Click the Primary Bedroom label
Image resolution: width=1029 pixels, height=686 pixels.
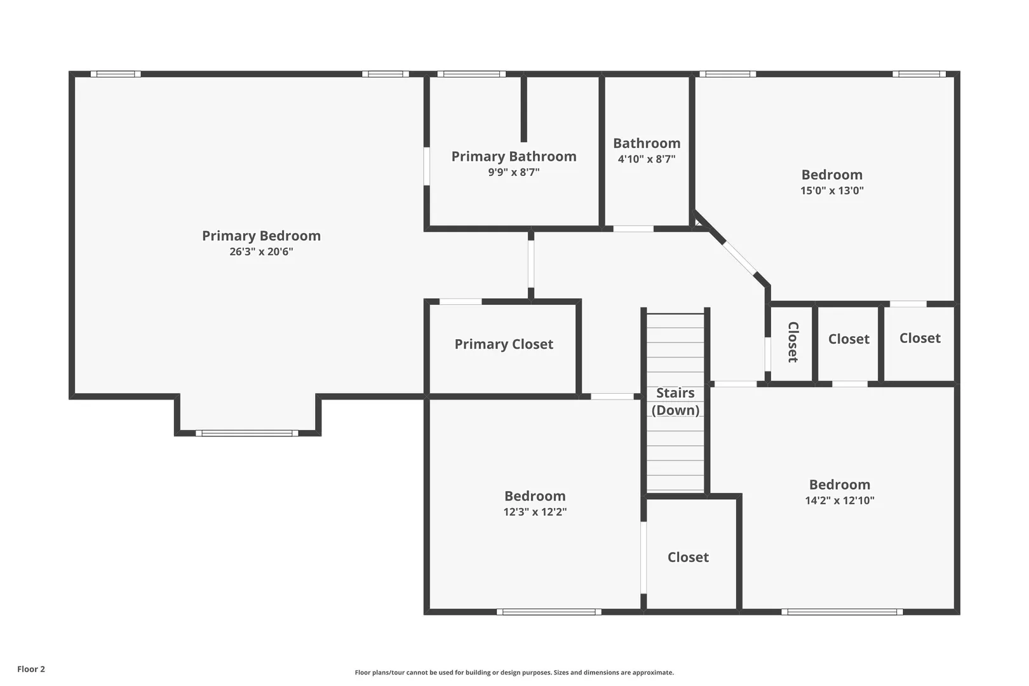[262, 236]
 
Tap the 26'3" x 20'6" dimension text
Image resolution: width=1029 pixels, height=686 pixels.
[262, 252]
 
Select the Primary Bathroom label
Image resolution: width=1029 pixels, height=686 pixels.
[514, 157]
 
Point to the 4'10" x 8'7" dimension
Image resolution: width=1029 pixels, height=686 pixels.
[647, 159]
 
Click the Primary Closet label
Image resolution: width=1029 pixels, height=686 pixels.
[504, 344]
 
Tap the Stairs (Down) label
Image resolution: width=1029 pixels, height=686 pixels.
[675, 401]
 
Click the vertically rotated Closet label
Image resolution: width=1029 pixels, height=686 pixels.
[793, 342]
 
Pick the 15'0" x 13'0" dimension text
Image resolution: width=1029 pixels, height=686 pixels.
[832, 190]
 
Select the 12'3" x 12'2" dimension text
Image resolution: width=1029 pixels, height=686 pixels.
[535, 511]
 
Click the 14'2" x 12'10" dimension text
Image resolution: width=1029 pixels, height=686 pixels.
[839, 500]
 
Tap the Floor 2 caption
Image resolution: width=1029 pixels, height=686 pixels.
[31, 669]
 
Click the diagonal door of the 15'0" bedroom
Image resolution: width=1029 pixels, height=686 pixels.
[739, 258]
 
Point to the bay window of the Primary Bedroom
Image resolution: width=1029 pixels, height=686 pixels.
[246, 433]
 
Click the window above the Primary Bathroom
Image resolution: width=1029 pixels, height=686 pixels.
[471, 74]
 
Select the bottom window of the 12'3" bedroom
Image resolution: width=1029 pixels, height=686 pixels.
[549, 612]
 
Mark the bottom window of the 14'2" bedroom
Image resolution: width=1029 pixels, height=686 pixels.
[842, 612]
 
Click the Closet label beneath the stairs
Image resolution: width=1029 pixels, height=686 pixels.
[688, 557]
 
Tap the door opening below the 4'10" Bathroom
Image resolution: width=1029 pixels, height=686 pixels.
[633, 229]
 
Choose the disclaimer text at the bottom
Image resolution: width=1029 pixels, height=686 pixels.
[514, 672]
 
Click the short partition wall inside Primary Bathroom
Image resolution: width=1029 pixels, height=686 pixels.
[523, 109]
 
